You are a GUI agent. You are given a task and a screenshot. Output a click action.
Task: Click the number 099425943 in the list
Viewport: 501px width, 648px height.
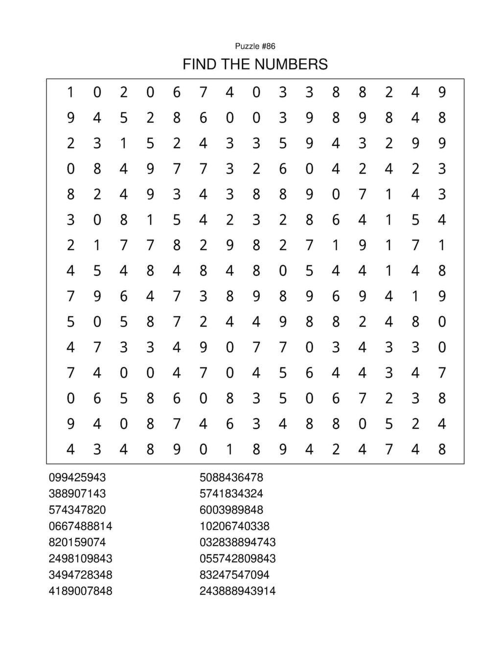[x=77, y=477]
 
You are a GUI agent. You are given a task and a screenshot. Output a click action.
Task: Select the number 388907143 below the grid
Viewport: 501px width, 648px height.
[x=77, y=493]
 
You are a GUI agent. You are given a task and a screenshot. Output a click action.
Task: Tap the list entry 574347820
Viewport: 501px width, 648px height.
[x=77, y=510]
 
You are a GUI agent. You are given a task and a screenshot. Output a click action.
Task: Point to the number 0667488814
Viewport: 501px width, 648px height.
[x=80, y=526]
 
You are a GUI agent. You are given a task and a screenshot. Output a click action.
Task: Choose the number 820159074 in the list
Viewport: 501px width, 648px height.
[x=77, y=542]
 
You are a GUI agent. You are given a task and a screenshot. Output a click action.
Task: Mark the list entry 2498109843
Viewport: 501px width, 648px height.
[x=80, y=558]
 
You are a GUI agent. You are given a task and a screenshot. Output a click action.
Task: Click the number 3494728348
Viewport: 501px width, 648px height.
[x=80, y=575]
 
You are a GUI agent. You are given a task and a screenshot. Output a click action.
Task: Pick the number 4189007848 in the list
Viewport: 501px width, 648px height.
[x=80, y=591]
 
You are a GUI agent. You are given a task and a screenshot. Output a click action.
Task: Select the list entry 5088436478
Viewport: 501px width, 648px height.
[x=231, y=477]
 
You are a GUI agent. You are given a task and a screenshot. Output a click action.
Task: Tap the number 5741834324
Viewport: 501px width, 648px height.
[x=231, y=493]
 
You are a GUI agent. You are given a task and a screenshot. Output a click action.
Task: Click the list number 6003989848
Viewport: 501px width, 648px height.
[x=231, y=510]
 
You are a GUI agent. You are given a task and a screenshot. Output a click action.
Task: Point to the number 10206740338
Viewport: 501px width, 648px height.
[x=234, y=526]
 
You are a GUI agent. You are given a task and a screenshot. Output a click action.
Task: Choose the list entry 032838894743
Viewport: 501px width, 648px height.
[x=237, y=542]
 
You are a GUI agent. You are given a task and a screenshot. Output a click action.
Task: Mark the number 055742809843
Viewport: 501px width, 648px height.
[x=237, y=558]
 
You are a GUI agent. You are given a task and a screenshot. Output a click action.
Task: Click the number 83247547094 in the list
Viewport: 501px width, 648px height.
[x=234, y=575]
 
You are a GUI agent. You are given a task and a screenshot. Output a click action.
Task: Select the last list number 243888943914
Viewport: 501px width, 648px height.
[x=237, y=591]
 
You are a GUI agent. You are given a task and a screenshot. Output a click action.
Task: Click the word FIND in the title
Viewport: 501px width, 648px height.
[x=200, y=64]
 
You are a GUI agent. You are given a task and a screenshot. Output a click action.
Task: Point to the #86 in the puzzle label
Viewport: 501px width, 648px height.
[x=269, y=46]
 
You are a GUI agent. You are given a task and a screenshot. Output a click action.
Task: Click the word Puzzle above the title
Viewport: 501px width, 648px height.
[x=247, y=46]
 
